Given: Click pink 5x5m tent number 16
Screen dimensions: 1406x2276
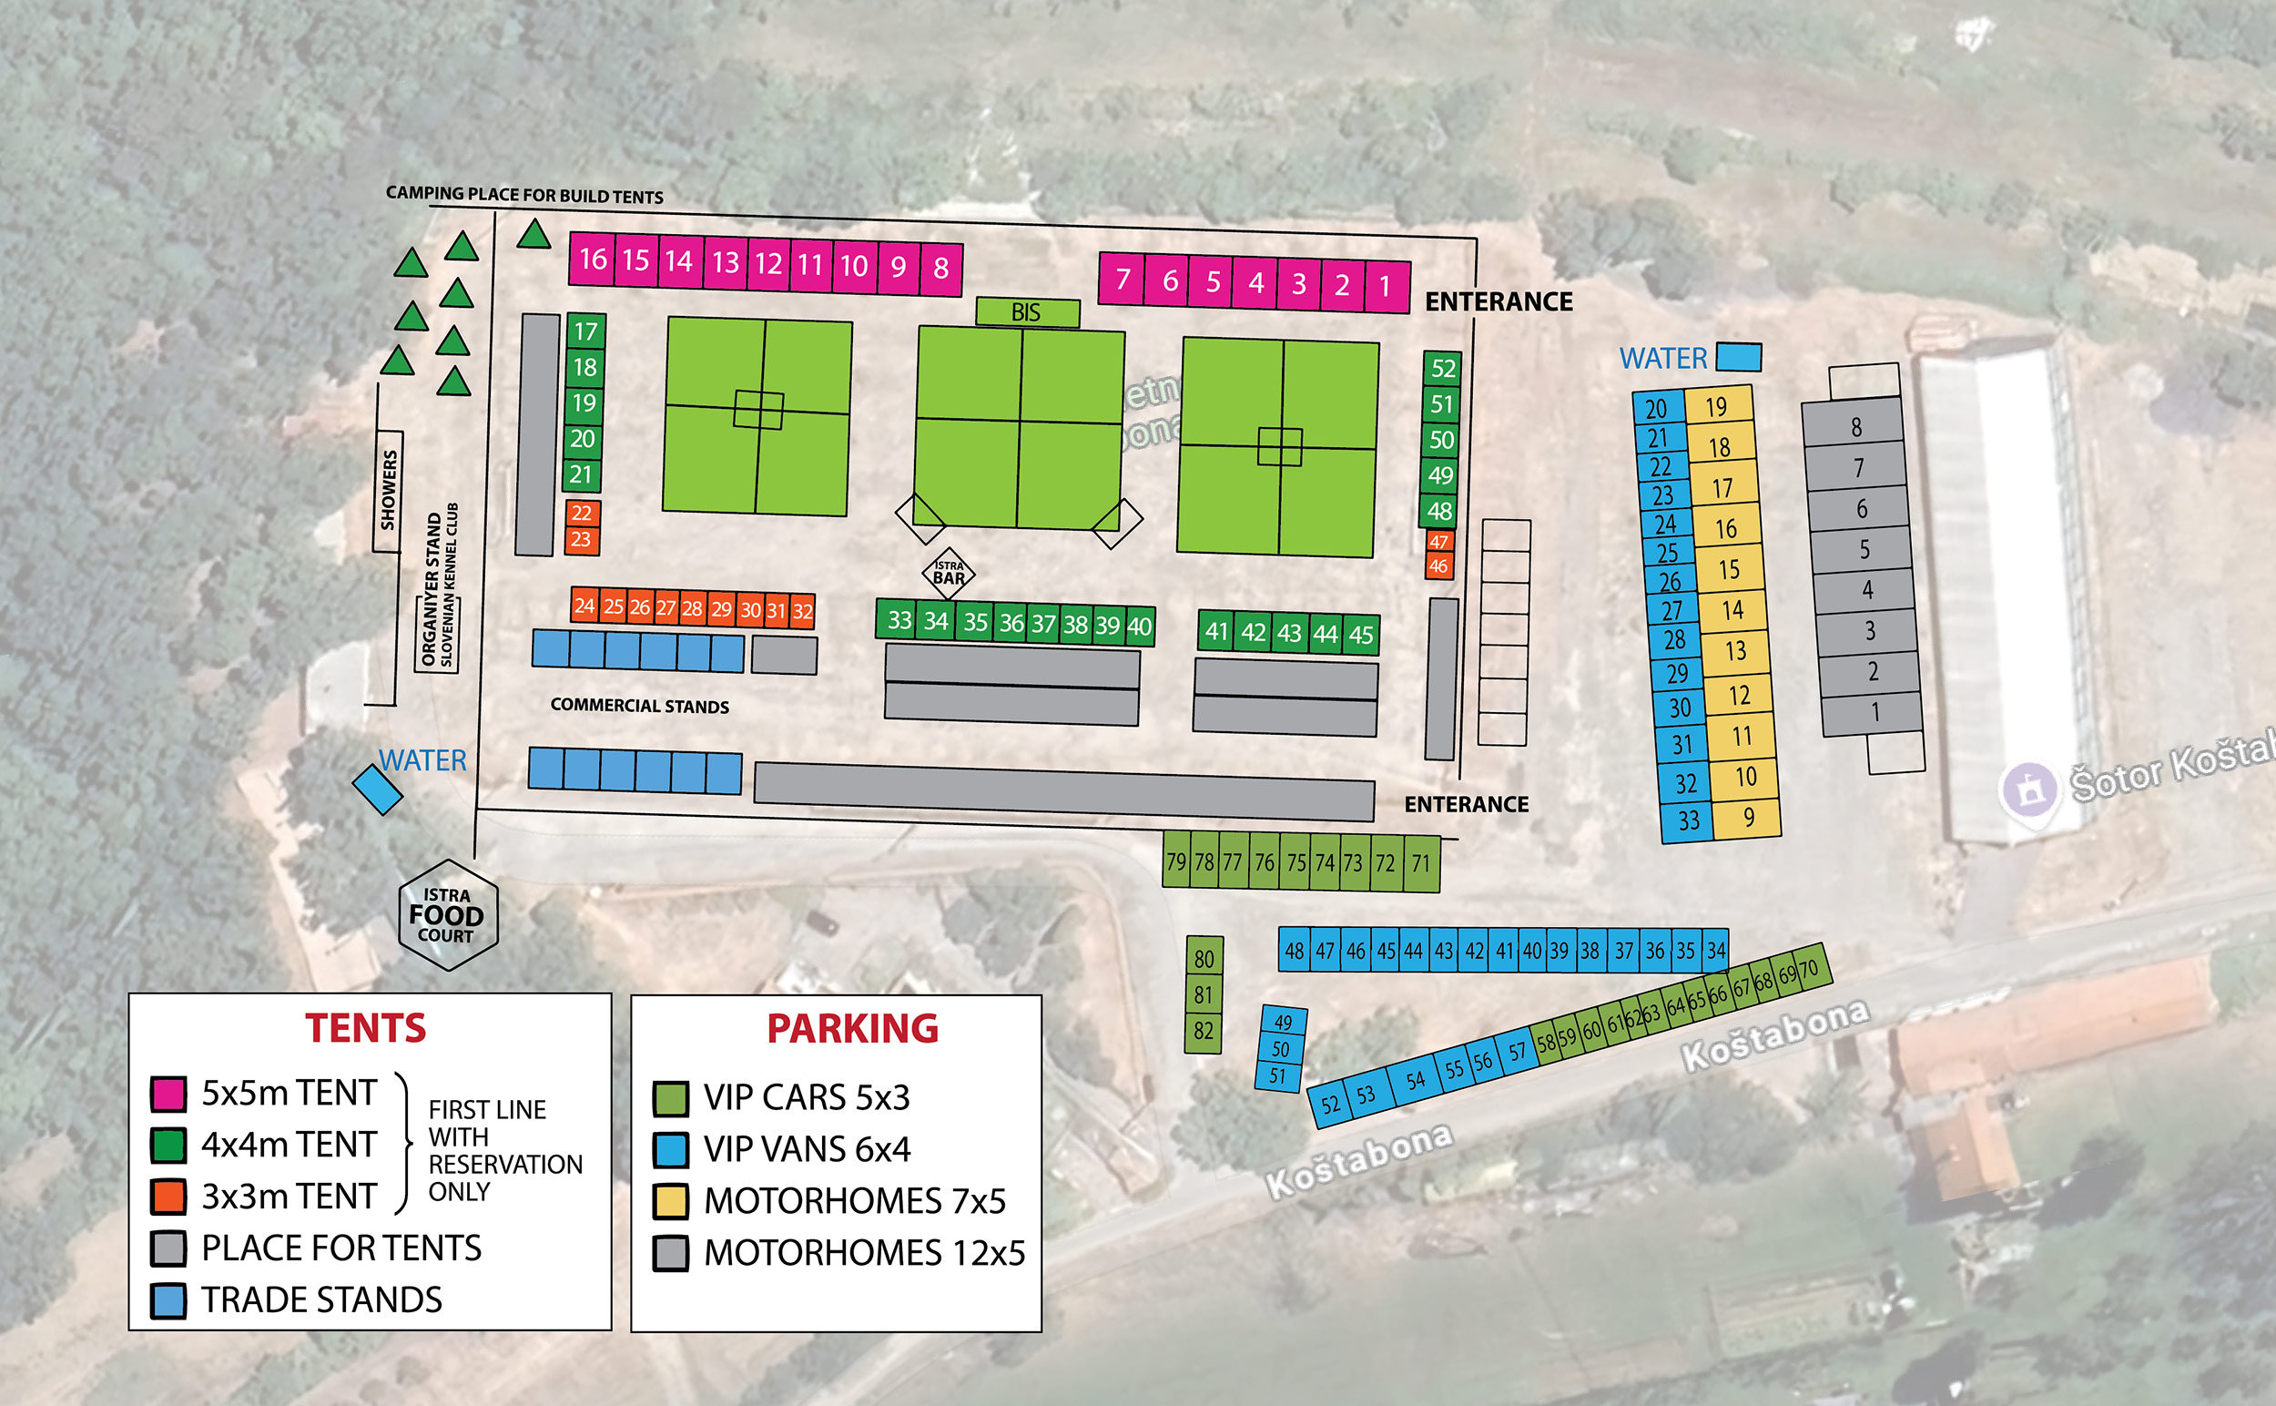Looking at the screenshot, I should [593, 259].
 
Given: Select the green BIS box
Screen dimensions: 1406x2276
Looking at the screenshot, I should [1026, 312].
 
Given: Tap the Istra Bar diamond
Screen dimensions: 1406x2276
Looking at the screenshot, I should [949, 573].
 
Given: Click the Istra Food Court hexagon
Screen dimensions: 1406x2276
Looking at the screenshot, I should [447, 916].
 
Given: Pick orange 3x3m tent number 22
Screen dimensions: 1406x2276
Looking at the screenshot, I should [582, 513].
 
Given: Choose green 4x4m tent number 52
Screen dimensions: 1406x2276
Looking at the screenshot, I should [1442, 368].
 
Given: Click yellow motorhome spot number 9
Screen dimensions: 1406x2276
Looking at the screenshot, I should [1748, 818].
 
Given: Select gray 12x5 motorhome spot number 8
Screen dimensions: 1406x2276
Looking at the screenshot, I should [1854, 426].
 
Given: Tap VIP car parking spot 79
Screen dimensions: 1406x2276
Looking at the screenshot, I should [1176, 861].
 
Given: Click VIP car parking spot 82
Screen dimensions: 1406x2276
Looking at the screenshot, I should [1203, 1031].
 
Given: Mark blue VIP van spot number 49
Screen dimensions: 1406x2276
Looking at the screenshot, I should [1284, 1022].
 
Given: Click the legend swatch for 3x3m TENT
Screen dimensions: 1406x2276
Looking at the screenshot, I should [168, 1196].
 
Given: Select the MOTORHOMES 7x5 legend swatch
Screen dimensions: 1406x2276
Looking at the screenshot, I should [670, 1200].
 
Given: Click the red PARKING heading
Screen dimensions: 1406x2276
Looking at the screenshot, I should [851, 1028].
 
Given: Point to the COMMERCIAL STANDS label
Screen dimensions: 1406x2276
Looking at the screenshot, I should [640, 706].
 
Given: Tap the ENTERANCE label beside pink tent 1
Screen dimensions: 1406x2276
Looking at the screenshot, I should [1498, 302].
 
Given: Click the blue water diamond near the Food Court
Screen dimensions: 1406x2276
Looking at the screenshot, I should [378, 790].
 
